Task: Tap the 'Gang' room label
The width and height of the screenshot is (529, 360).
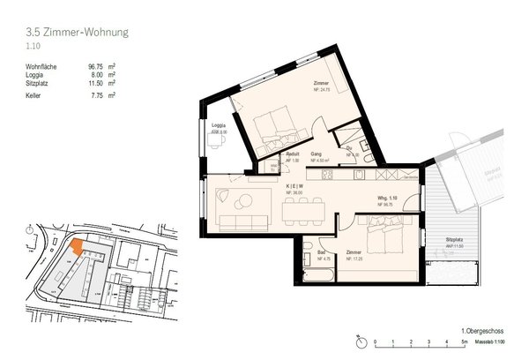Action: [315, 154]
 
